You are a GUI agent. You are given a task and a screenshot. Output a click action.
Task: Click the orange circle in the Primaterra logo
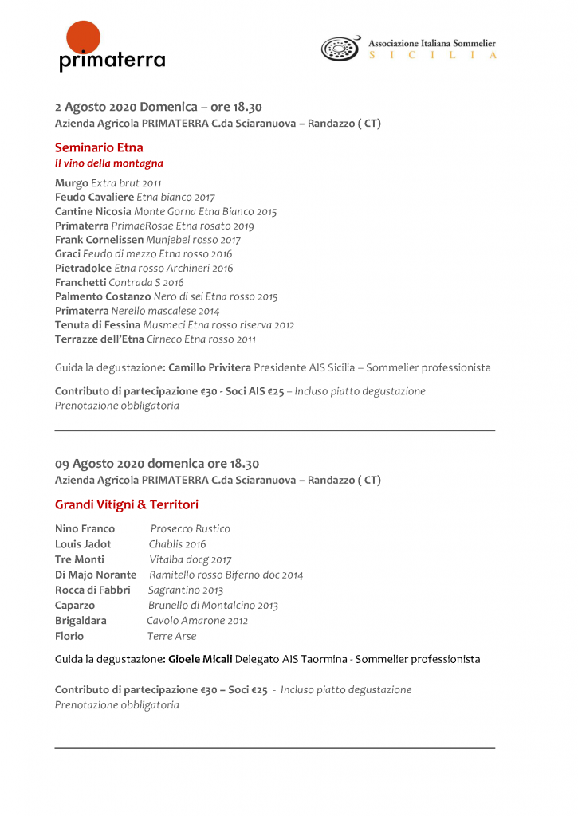coord(84,39)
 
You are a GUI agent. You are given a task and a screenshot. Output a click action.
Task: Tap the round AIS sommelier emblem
coord(340,49)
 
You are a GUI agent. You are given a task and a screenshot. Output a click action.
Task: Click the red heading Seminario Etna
coord(99,147)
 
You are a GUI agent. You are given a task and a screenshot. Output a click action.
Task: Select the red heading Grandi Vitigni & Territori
coord(127,504)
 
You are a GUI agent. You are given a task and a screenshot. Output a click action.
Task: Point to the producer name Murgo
coord(72,183)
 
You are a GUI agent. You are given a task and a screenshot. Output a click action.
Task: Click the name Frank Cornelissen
coord(100,240)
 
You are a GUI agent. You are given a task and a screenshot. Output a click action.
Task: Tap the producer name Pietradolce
coord(83,269)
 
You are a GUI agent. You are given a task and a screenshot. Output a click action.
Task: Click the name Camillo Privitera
coord(210,368)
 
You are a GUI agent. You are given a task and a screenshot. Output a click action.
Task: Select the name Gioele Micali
coord(200,659)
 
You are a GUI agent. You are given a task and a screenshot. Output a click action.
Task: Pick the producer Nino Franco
coord(85,529)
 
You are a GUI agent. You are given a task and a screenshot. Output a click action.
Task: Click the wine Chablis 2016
coord(177,544)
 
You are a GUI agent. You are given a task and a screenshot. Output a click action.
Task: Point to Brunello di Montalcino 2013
coord(213,606)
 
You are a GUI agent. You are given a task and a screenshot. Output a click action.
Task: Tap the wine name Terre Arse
coord(171,636)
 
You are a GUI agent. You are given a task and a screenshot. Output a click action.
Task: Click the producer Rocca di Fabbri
coord(92,590)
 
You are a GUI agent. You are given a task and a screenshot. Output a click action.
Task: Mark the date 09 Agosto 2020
coord(107,464)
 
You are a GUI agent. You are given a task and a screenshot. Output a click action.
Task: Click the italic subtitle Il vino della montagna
coord(108,163)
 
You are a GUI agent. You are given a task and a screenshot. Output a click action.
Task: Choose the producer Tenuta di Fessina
coord(97,325)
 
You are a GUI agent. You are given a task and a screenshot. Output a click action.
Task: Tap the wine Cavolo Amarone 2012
coord(197,621)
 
